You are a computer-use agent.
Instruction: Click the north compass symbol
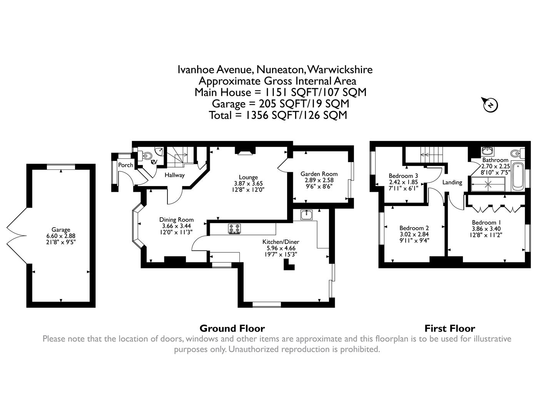tap(491, 104)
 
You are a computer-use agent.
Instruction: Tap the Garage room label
tap(61, 230)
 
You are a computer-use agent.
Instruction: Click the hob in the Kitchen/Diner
tap(235, 228)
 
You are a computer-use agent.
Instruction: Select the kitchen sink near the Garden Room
tap(307, 215)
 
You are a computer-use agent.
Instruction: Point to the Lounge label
tap(248, 177)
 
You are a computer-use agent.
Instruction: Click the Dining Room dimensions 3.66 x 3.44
tap(176, 226)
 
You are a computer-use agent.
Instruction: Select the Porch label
tap(125, 165)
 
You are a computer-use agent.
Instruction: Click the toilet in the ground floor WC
tap(146, 156)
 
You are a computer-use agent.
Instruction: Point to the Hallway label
tap(175, 175)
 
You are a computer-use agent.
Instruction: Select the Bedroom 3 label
tap(403, 176)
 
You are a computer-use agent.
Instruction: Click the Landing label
tap(452, 182)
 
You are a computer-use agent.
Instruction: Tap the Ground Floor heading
tap(232, 329)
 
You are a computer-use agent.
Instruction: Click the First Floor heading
tap(449, 329)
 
